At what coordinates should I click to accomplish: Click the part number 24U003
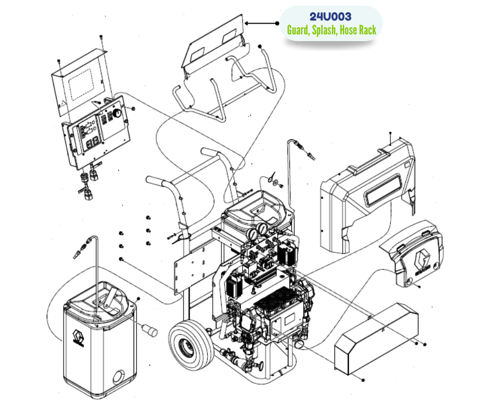330,16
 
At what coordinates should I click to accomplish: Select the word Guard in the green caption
298,30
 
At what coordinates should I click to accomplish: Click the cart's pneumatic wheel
191,340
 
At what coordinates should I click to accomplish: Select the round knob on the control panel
117,113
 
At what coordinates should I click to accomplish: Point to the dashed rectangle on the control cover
81,84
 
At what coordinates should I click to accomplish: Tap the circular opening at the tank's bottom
119,377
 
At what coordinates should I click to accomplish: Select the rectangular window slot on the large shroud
383,189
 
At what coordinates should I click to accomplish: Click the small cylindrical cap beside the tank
150,330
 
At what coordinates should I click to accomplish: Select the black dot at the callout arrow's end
277,23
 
